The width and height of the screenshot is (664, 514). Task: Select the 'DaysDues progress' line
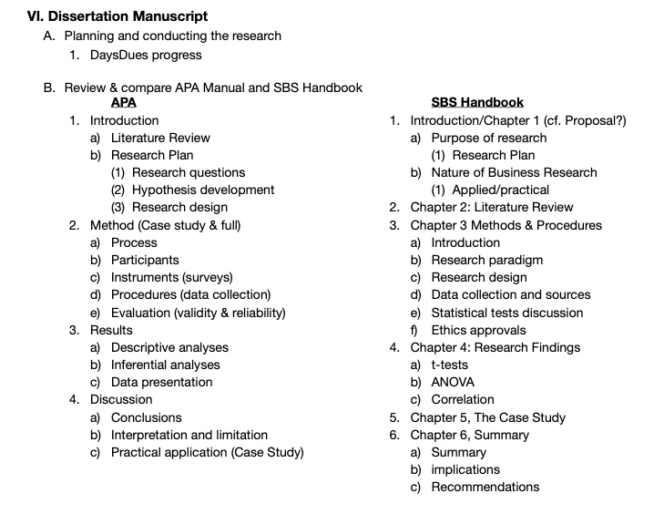(146, 55)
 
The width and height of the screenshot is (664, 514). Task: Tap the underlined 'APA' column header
(123, 103)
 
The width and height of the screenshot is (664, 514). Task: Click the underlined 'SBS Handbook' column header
(477, 103)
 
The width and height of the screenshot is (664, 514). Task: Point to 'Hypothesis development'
(203, 190)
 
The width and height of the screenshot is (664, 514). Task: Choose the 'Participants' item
(145, 260)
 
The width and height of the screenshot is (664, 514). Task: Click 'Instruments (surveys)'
(172, 277)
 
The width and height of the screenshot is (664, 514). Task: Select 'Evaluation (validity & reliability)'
(198, 313)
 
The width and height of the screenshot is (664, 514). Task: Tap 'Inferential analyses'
(166, 365)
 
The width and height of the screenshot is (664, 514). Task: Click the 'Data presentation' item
(161, 382)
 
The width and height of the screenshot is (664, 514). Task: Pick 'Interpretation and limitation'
(189, 435)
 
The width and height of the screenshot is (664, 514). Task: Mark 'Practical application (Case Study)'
(207, 452)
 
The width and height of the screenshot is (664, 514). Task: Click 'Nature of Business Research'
(514, 172)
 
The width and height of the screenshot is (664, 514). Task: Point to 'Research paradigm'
(486, 260)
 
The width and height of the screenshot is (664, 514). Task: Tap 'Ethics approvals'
(478, 330)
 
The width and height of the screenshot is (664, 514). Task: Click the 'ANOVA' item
(453, 382)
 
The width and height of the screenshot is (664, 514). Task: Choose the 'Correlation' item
(463, 399)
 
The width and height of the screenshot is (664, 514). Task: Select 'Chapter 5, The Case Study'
(487, 417)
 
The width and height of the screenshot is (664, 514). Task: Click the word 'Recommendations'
(485, 487)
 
